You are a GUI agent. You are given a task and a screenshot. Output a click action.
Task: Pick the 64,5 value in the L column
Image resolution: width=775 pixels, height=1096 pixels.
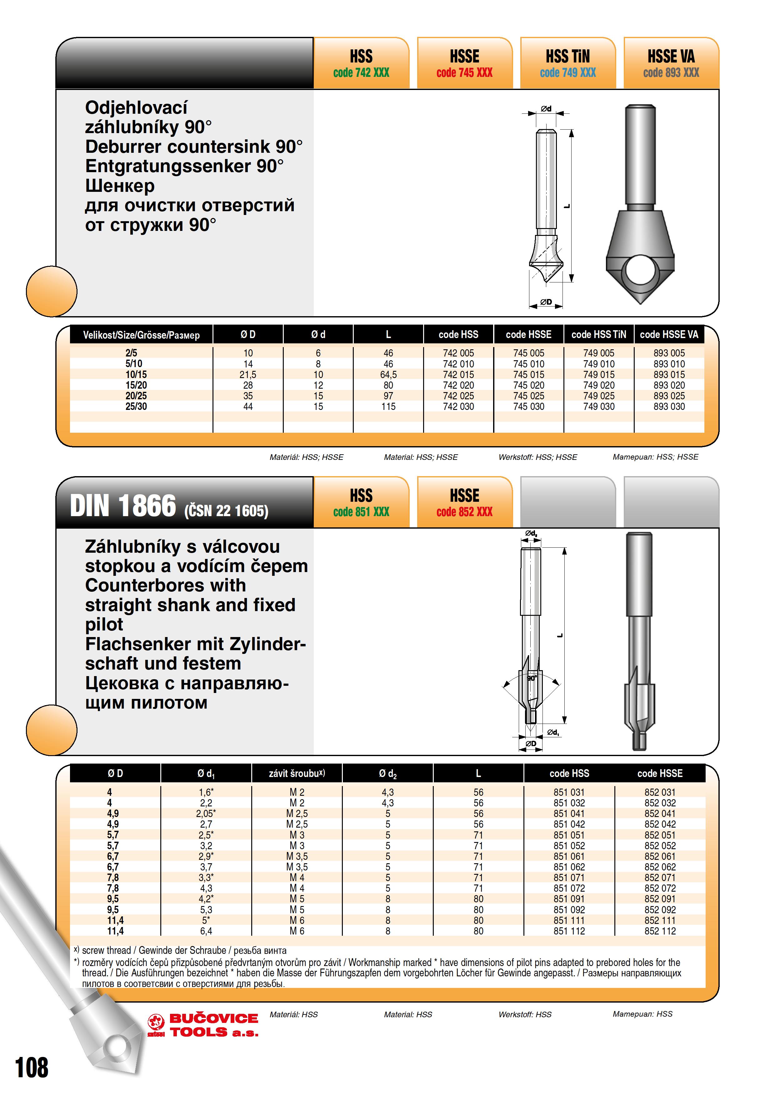tap(388, 375)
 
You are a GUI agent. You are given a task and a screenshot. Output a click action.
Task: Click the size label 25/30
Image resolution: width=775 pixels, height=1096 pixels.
tap(136, 407)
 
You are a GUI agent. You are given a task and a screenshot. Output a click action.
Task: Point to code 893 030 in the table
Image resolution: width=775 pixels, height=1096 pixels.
tap(669, 407)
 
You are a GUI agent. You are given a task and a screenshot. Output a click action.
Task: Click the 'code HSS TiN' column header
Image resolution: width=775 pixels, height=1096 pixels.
tap(598, 335)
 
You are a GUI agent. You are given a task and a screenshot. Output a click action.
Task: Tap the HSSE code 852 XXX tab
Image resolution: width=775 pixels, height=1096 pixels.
tap(464, 503)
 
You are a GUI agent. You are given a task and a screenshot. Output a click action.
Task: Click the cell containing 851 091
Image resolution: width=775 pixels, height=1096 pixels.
tap(569, 899)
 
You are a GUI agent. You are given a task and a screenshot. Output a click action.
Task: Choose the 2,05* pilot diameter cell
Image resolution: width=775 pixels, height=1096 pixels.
tap(206, 813)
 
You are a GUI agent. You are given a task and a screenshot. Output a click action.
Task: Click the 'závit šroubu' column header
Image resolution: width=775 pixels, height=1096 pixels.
tap(297, 773)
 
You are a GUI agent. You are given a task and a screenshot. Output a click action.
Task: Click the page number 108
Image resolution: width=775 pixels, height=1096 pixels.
tap(32, 1068)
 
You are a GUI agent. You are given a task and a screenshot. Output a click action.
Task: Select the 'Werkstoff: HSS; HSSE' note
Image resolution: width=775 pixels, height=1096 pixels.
tap(538, 457)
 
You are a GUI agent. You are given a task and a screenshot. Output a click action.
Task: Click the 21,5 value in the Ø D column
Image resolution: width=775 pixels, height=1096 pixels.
tap(248, 375)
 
